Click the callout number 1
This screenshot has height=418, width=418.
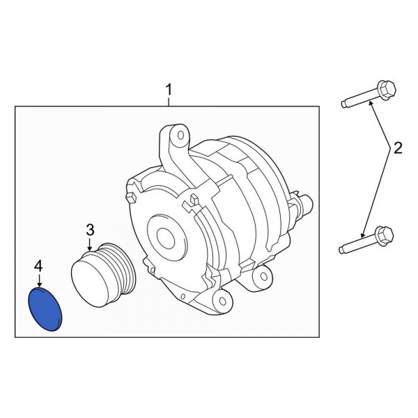[167, 90]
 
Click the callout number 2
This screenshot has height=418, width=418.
[398, 148]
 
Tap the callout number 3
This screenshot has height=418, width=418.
[89, 229]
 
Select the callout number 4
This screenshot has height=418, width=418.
[39, 266]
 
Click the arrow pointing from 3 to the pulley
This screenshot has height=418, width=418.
[89, 243]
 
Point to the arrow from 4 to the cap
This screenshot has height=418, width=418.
[39, 280]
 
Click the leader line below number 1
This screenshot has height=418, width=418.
[167, 101]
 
